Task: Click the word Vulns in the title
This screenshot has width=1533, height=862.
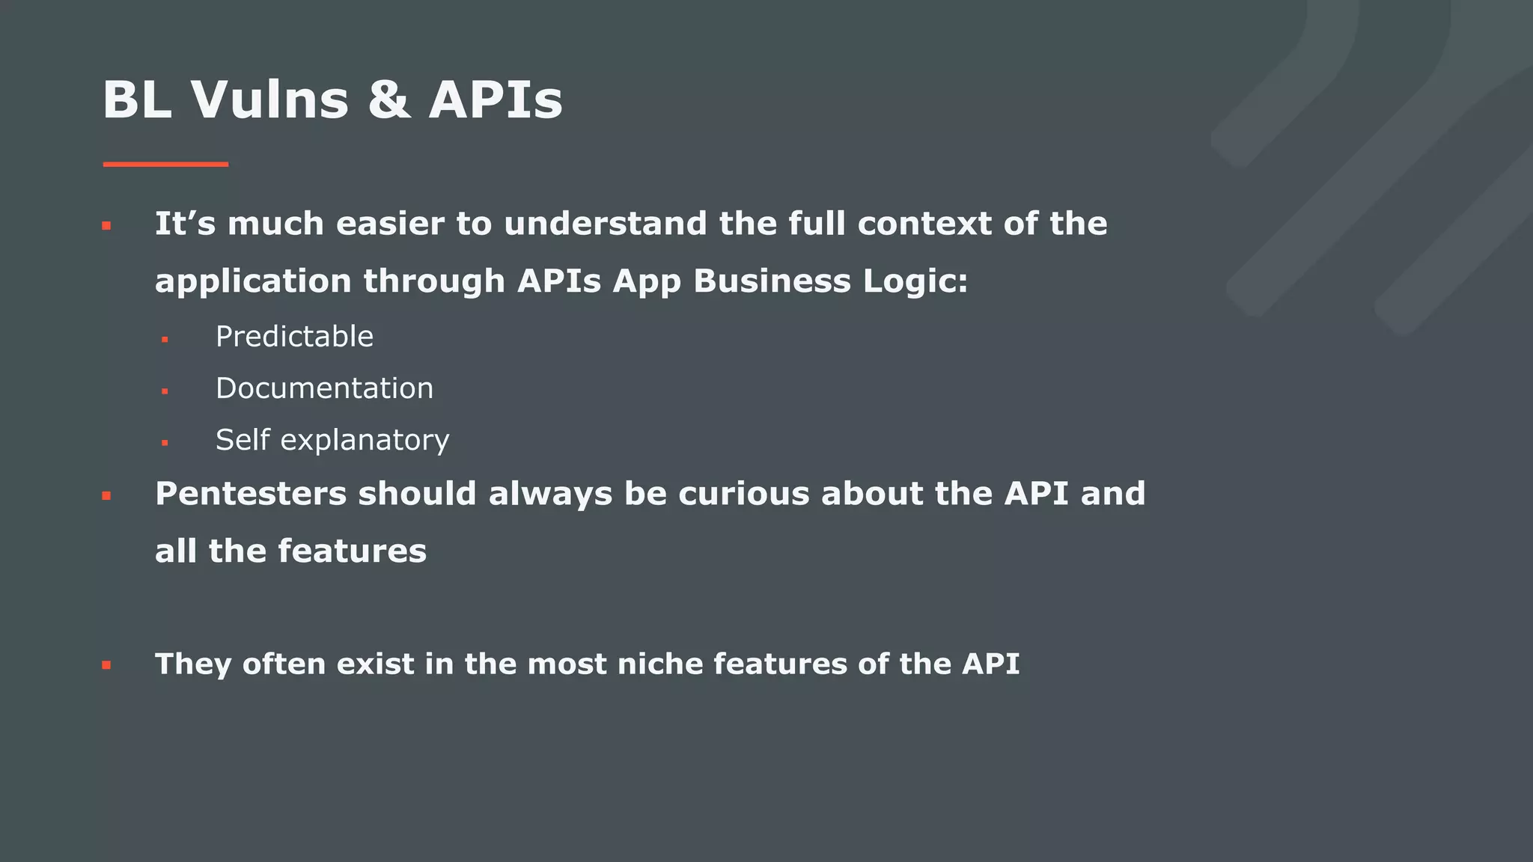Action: [269, 100]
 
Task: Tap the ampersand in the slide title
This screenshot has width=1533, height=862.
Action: [389, 100]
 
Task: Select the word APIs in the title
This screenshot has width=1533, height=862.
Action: [496, 100]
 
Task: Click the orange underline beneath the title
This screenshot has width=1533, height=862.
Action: [165, 164]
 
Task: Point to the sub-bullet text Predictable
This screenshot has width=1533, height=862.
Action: [294, 337]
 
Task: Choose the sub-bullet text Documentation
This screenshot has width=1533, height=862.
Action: [324, 388]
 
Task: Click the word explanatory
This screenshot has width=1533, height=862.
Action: [365, 441]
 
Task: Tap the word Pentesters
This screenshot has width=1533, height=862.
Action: [251, 494]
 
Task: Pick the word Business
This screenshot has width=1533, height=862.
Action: [772, 281]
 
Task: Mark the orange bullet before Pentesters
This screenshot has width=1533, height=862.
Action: [106, 495]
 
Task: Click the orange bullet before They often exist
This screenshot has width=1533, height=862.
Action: [106, 664]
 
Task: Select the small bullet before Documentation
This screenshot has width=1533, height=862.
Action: [165, 391]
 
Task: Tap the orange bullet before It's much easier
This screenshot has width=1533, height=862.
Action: [106, 225]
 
